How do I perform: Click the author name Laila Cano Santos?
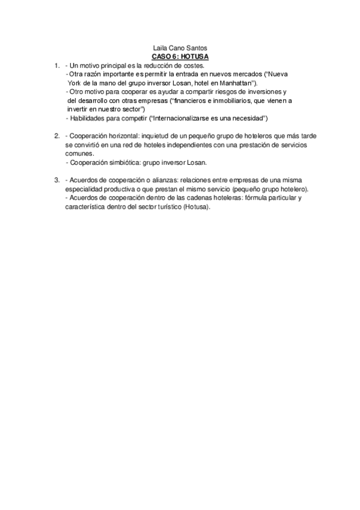click(x=180, y=49)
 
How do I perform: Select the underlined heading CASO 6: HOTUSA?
click(x=180, y=57)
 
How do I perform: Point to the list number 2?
click(x=56, y=136)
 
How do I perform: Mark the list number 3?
click(x=56, y=180)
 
